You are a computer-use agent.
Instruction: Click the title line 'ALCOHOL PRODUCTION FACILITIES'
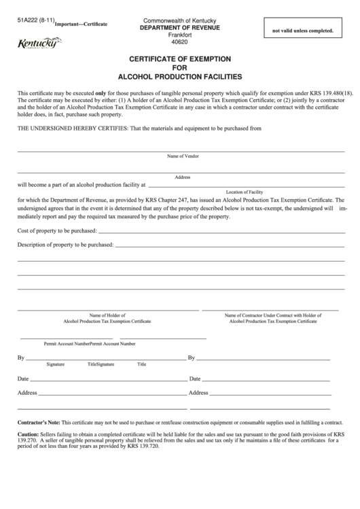tap(180, 77)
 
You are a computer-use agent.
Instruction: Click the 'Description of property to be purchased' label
tap(65, 244)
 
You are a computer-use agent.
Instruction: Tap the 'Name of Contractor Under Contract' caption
tap(272, 315)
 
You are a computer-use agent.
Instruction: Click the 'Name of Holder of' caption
tap(106, 315)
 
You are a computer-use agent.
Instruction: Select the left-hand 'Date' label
tap(23, 379)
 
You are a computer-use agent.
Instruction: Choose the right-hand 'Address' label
tap(198, 393)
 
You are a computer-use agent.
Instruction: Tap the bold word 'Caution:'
tap(28, 434)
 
